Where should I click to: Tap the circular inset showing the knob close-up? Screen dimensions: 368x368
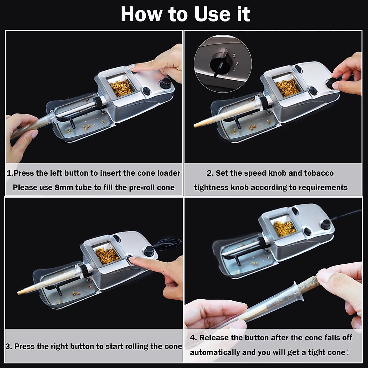pyautogui.click(x=223, y=64)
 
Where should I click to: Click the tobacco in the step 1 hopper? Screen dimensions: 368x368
pyautogui.click(x=121, y=87)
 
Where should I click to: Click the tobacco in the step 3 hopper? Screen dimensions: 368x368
pyautogui.click(x=107, y=256)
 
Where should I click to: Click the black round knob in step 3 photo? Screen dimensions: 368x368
pyautogui.click(x=148, y=251)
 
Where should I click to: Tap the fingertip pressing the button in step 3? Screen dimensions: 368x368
pyautogui.click(x=132, y=260)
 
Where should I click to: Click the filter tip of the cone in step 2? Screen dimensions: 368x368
pyautogui.click(x=197, y=125)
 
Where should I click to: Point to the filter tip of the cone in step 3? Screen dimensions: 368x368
pyautogui.click(x=20, y=293)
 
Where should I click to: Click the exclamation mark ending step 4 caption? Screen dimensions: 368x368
pyautogui.click(x=348, y=352)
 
